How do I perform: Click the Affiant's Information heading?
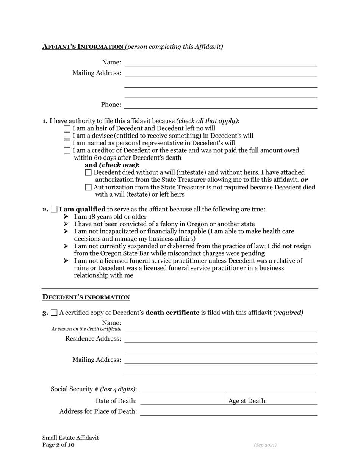pos(83,47)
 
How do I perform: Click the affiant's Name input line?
pos(221,63)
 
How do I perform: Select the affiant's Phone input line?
pos(221,105)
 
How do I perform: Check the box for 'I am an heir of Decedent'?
pos(67,128)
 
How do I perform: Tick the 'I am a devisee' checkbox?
pos(67,136)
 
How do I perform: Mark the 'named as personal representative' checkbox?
pos(67,143)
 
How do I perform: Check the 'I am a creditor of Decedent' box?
pos(67,150)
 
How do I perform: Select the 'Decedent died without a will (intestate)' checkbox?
pos(89,172)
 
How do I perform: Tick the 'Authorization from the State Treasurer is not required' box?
pos(89,187)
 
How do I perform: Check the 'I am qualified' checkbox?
pos(54,209)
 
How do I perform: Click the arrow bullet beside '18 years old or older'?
pos(66,217)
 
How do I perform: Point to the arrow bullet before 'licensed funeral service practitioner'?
pos(66,261)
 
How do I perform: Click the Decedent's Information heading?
pos(86,297)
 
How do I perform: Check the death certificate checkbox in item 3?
pos(54,313)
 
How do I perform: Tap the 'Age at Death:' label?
pos(247,401)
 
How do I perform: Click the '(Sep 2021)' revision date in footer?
pos(265,445)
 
